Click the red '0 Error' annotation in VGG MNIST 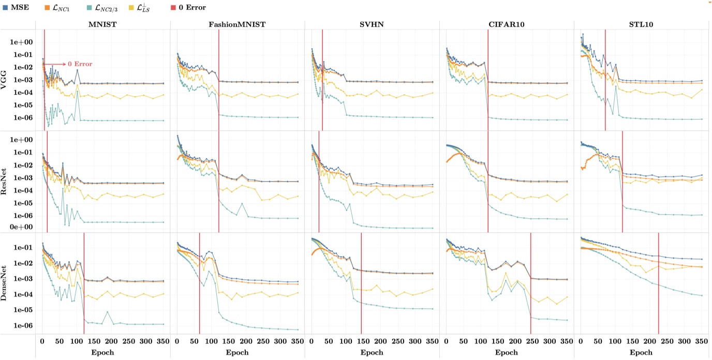tap(80, 64)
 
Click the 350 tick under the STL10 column tap(701, 342)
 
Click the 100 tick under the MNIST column tap(77, 342)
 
